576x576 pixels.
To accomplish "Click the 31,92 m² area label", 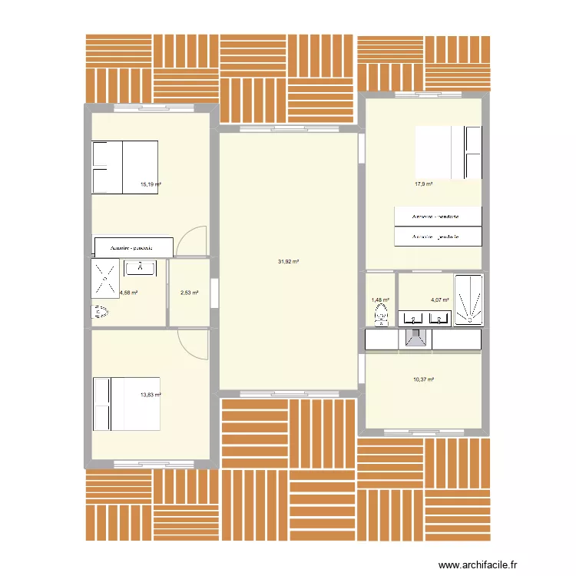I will pyautogui.click(x=288, y=262).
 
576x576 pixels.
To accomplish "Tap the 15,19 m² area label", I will pyautogui.click(x=150, y=184).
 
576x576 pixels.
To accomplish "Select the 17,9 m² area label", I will pyautogui.click(x=423, y=184).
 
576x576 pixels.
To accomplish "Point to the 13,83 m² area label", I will pyautogui.click(x=150, y=395).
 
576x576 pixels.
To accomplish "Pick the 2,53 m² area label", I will pyautogui.click(x=189, y=293).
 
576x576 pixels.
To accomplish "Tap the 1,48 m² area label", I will pyautogui.click(x=380, y=300).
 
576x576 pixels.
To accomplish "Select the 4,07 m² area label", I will pyautogui.click(x=440, y=300).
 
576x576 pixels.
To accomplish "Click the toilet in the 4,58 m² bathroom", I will pyautogui.click(x=101, y=312).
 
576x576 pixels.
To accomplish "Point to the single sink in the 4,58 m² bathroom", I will pyautogui.click(x=144, y=268).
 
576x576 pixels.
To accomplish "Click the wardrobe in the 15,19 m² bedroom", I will pyautogui.click(x=132, y=248).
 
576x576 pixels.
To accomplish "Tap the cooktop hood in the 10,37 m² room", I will pyautogui.click(x=415, y=339).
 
